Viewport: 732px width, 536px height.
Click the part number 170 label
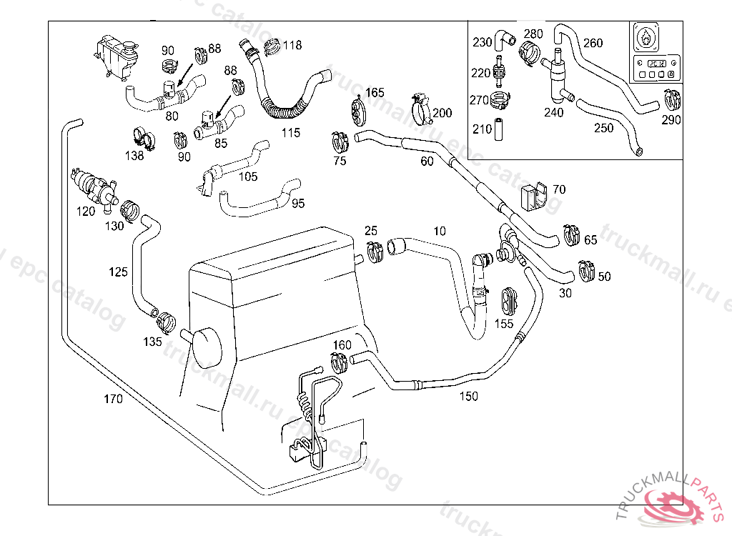pos(113,399)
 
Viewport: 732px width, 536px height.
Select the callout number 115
pos(290,133)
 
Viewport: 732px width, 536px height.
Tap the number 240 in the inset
pos(553,112)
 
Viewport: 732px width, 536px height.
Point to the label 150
pos(468,396)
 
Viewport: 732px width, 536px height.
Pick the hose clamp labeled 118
pos(272,47)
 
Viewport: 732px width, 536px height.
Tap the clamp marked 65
pos(572,234)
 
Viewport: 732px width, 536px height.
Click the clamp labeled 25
pos(373,251)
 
